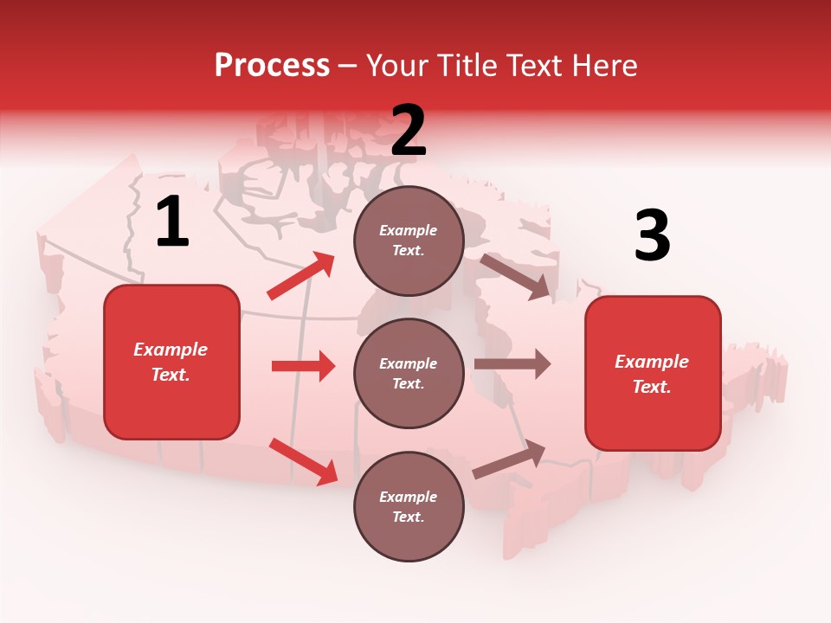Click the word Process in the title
[x=272, y=65]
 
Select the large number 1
[x=172, y=222]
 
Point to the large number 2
[x=409, y=130]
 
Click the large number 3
[x=652, y=236]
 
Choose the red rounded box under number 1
[x=171, y=362]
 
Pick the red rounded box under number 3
[x=653, y=373]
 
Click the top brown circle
[x=409, y=241]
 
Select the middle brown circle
[x=409, y=373]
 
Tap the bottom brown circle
[x=409, y=506]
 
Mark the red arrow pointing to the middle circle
[x=303, y=366]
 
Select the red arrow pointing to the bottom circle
[x=304, y=461]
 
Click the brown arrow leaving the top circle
[x=516, y=276]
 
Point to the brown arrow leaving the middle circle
[x=512, y=364]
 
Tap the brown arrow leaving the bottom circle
[x=509, y=459]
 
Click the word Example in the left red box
[x=171, y=350]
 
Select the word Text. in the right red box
[x=652, y=387]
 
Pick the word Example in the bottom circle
[x=409, y=497]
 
